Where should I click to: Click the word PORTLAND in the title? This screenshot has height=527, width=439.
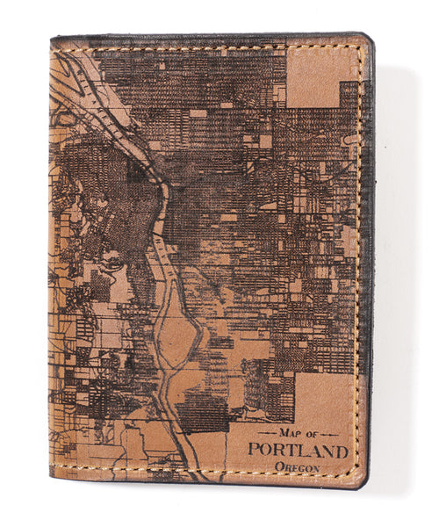coord(298,451)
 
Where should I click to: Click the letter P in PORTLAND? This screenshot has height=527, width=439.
coord(253,451)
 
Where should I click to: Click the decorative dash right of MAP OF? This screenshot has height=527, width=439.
coord(335,434)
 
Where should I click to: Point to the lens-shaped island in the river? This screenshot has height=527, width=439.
coord(182,335)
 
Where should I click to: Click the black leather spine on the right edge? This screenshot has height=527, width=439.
coord(369,263)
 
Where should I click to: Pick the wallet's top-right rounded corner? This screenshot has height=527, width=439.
coord(366,39)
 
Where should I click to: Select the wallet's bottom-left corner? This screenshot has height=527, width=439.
coord(53,479)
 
